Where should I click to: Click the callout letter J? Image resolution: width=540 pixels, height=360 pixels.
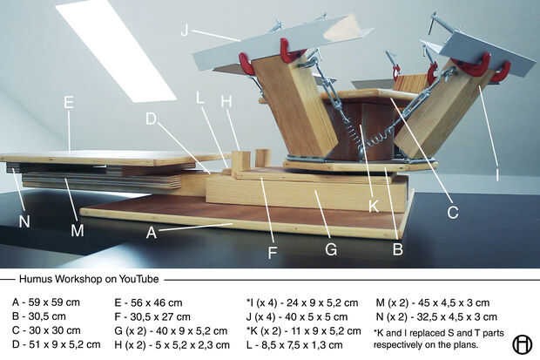pos(185,30)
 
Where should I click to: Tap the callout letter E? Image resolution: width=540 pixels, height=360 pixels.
pos(69,102)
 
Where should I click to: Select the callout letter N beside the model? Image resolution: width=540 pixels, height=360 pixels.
pos(24,221)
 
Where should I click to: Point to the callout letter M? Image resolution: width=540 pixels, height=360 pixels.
pos(78,230)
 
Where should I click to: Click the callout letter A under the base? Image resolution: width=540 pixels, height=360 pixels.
pos(152,233)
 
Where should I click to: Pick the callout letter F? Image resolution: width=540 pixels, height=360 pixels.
pos(273,254)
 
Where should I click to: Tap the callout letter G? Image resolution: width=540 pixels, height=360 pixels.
pos(331,248)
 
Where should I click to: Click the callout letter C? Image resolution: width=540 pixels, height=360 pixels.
pos(453,211)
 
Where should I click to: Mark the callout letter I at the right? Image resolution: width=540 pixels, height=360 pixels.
pos(497,174)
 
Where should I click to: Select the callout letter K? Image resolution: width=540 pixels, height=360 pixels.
pos(374,207)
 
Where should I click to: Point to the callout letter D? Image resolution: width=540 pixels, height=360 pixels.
pos(152,118)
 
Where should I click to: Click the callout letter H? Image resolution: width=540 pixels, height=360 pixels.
pos(226,101)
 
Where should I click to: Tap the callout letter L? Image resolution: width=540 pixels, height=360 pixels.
pos(200,97)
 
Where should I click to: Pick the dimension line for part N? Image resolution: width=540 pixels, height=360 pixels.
pos(435,317)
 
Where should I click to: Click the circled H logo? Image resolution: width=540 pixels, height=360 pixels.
pos(522,344)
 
